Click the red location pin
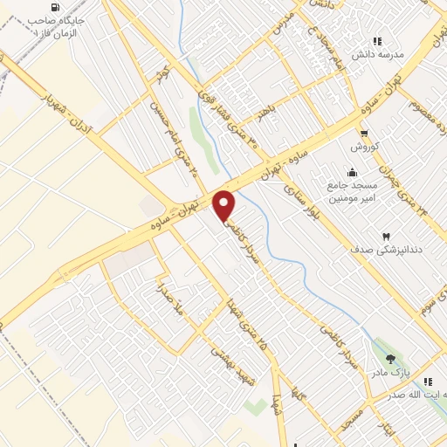point(225,206)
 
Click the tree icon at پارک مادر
point(390,359)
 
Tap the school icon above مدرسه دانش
point(377,40)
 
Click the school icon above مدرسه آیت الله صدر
point(427,382)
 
